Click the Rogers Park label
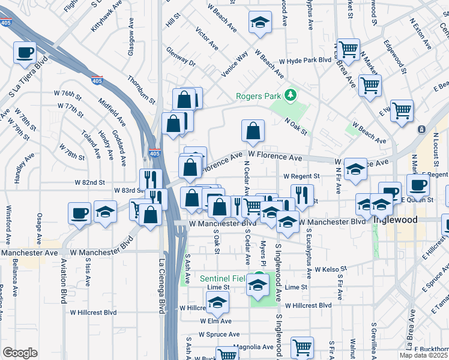point(258,95)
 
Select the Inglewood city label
point(394,220)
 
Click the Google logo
point(20,353)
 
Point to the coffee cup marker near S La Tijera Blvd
point(25,53)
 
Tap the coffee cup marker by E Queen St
point(418,185)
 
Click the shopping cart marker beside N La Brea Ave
point(348,49)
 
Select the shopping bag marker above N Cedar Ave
point(253,130)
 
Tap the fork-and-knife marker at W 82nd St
point(151,179)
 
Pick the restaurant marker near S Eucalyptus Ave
point(302,195)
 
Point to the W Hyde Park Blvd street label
point(306,61)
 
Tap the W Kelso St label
point(331,270)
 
